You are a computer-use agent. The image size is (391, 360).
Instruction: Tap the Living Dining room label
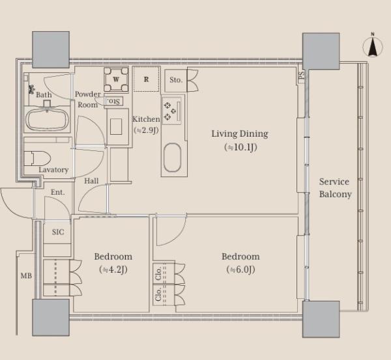[x=240, y=134]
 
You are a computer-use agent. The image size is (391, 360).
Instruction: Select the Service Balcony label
[x=335, y=187]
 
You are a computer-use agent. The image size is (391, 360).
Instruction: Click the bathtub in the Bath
[x=47, y=120]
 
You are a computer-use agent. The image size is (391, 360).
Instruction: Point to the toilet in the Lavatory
[x=37, y=158]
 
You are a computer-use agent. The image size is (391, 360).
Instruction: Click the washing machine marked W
[x=116, y=79]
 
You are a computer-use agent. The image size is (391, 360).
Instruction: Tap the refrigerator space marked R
[x=147, y=79]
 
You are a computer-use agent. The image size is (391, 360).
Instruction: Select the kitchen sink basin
[x=172, y=158]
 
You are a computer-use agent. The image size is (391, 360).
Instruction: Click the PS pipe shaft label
[x=302, y=75]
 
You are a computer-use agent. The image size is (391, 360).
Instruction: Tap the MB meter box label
[x=26, y=276]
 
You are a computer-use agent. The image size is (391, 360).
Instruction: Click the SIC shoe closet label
[x=58, y=232]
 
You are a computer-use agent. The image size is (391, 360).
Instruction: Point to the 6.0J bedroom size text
[x=241, y=270]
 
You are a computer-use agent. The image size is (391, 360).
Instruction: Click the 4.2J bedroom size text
[x=113, y=270]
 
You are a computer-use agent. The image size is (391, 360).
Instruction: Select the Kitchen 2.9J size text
[x=146, y=130]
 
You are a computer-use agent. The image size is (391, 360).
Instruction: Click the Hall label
[x=91, y=181]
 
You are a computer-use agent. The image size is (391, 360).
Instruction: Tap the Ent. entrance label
[x=57, y=192]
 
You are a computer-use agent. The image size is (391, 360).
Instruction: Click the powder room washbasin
[x=116, y=126]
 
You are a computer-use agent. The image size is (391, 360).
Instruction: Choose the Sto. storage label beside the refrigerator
[x=176, y=79]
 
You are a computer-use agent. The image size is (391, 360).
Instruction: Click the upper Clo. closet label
[x=158, y=274]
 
